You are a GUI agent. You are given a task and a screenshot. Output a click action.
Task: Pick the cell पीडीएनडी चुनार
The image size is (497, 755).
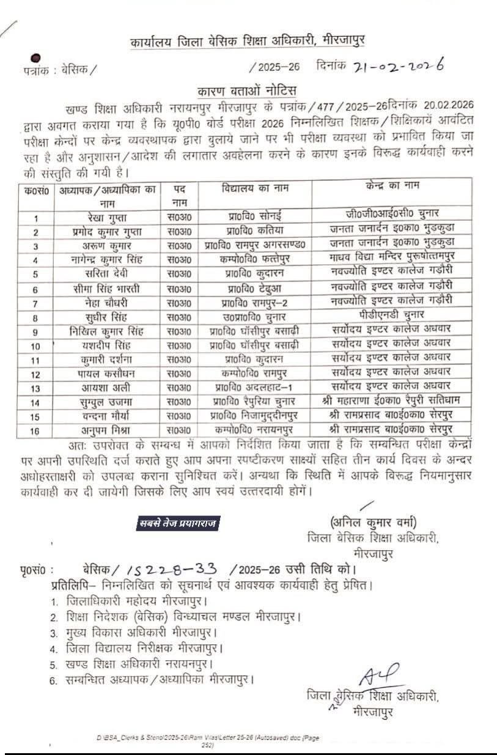click(x=391, y=316)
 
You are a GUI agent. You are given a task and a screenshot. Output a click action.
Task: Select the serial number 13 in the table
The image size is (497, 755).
click(x=35, y=387)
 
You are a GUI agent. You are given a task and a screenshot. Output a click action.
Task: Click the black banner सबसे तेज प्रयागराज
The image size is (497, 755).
click(x=177, y=523)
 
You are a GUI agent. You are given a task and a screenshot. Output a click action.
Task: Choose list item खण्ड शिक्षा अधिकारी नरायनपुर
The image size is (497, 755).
click(x=140, y=663)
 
